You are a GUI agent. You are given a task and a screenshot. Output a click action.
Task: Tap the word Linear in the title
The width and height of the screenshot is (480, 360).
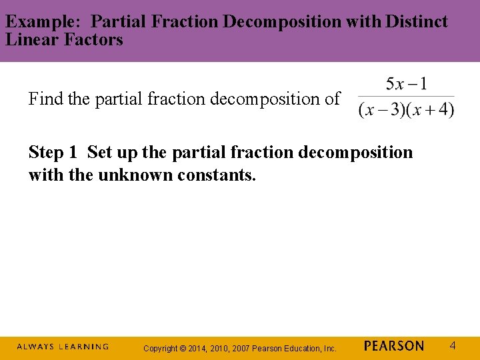(29, 40)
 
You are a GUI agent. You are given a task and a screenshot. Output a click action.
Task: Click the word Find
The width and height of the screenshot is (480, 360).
(46, 99)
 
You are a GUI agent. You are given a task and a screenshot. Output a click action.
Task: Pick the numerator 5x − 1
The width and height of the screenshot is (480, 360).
(407, 85)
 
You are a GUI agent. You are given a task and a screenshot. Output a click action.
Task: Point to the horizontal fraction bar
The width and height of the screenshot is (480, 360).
(406, 97)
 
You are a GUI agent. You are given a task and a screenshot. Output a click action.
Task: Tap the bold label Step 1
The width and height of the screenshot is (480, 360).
(53, 152)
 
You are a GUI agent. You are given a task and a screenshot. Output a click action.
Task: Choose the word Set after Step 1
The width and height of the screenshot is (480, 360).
(99, 152)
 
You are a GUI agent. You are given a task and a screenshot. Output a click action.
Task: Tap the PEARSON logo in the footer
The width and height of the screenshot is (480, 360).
(394, 346)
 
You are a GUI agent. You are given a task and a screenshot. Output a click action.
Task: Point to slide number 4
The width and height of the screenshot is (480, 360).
(453, 346)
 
